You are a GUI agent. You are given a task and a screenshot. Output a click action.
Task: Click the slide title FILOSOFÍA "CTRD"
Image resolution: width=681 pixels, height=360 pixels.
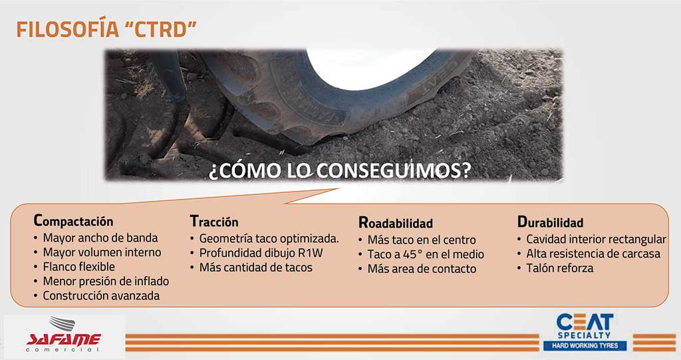[x=106, y=29]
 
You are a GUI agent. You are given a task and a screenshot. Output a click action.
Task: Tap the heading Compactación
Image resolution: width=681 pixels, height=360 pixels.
[x=73, y=220]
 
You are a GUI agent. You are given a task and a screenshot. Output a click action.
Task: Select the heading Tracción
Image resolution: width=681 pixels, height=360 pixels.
[x=214, y=222]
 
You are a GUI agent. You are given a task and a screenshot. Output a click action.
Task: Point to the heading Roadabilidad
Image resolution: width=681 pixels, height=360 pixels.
[x=396, y=223]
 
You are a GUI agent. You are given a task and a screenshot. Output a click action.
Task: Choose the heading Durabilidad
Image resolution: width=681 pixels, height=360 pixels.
[x=550, y=222]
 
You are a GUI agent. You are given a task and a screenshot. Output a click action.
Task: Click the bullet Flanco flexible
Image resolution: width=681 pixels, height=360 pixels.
[x=78, y=267]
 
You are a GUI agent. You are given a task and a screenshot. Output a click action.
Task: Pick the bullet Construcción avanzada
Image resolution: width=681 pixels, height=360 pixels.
[x=101, y=295]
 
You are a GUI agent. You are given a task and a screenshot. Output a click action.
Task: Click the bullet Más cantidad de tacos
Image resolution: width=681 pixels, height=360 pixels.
[x=256, y=268]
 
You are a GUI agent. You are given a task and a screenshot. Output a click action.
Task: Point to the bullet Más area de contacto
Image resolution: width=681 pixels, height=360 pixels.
[x=422, y=269]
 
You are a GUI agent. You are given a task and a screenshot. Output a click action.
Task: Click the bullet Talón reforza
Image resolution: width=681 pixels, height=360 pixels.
[x=560, y=268]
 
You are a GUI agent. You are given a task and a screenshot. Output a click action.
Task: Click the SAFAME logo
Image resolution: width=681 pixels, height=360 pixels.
[x=64, y=335]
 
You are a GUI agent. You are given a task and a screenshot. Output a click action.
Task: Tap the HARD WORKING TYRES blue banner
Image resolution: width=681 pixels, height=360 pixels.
[x=585, y=345]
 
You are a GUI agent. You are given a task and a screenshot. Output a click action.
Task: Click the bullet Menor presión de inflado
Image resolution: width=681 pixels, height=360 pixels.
[x=106, y=281]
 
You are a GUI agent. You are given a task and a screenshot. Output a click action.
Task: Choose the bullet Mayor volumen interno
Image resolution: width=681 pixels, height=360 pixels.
[x=102, y=252]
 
